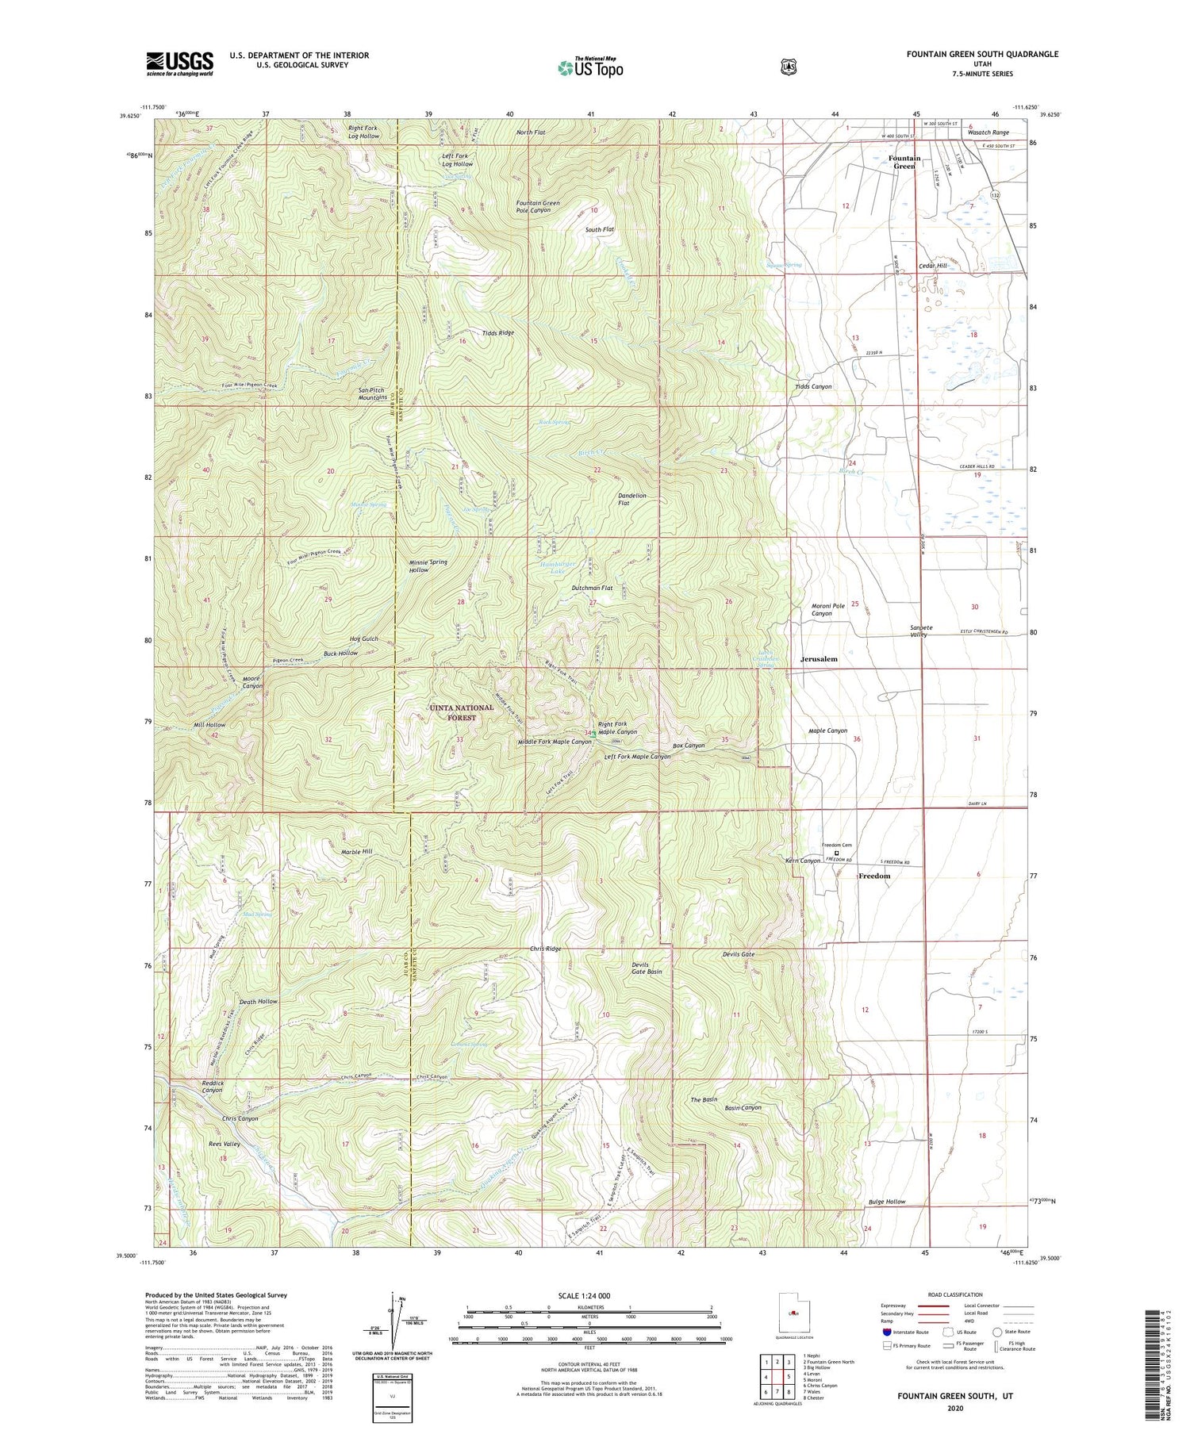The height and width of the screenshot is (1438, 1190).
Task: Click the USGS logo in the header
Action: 179,63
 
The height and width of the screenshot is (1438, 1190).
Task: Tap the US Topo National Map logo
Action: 590,67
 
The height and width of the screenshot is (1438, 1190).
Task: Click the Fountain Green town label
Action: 904,162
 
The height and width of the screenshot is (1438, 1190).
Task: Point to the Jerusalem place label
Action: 819,659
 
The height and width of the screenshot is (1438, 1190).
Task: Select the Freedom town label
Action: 874,876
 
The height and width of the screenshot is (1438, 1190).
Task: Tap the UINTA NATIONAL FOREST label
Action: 462,712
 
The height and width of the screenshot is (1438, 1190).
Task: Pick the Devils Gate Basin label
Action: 646,968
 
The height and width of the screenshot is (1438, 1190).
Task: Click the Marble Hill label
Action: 356,851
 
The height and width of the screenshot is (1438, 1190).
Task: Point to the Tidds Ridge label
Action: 497,333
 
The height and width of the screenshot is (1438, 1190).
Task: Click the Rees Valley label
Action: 224,1145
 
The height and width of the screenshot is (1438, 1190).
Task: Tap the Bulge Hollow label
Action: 886,1202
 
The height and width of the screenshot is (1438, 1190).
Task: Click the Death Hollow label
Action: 259,1002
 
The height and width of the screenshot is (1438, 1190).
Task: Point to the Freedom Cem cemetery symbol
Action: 835,853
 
